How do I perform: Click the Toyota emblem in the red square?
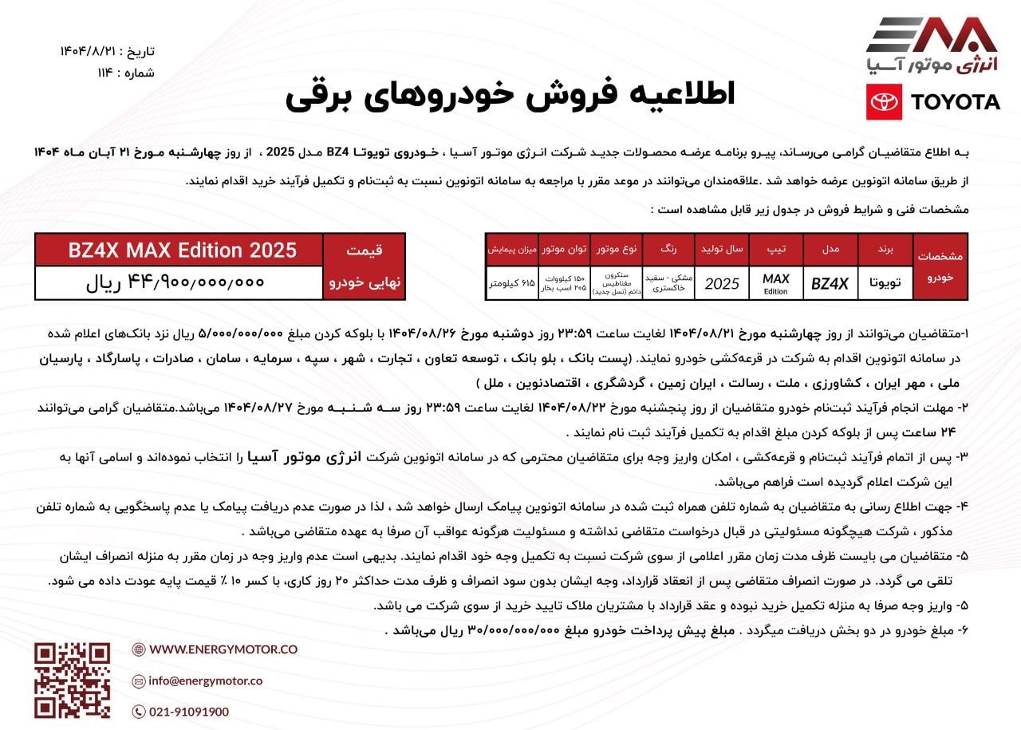(x=884, y=102)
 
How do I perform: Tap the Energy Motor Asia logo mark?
(x=932, y=36)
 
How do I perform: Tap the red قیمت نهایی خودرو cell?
(x=364, y=266)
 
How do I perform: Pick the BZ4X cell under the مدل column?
(x=830, y=282)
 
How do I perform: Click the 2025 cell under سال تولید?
(x=722, y=283)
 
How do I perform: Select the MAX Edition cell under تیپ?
(x=775, y=283)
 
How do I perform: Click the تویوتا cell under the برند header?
(x=885, y=283)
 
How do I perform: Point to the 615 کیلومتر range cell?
(x=511, y=283)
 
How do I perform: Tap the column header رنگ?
(x=668, y=250)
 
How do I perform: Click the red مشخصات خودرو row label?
(x=940, y=266)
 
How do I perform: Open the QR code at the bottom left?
(x=72, y=681)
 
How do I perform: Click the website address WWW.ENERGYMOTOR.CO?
(x=223, y=649)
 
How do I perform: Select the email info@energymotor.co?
(x=205, y=681)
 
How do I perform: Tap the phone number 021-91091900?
(x=188, y=712)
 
